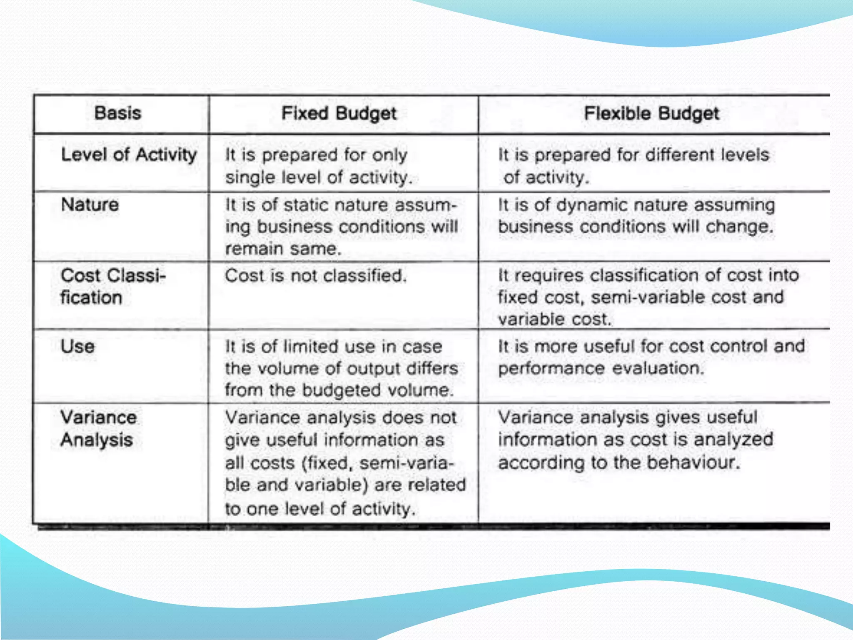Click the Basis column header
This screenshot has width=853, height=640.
coord(117,113)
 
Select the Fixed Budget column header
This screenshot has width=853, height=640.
coord(339,113)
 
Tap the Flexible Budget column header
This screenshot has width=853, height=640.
coord(651,113)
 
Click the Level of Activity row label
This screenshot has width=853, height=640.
coord(129,155)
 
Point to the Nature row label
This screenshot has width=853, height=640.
coord(90,205)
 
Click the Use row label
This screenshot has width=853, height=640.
coord(77,346)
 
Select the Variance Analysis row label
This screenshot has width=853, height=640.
coord(98,428)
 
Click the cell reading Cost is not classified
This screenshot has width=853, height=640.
coord(316,275)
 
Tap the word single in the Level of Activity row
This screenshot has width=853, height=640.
coord(250,177)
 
